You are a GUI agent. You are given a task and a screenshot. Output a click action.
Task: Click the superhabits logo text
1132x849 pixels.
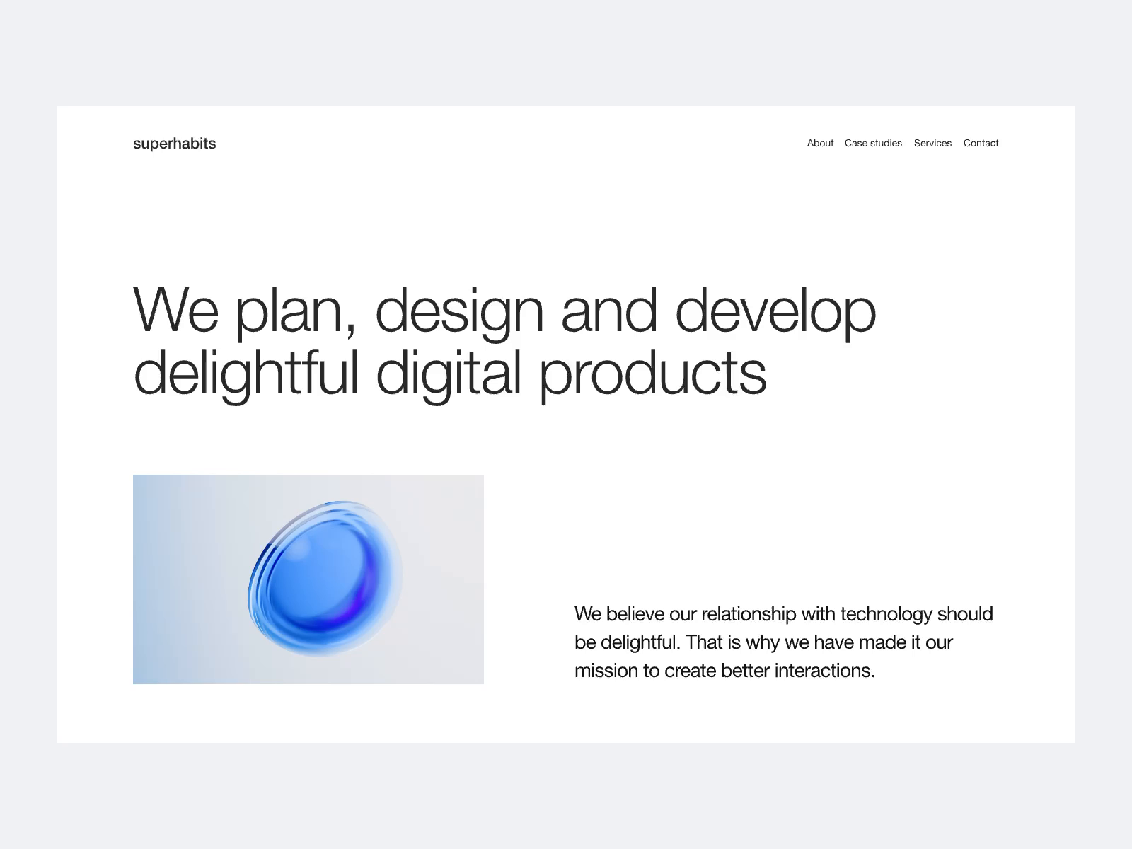(x=174, y=144)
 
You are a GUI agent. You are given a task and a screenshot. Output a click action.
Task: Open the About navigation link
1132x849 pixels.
(x=820, y=143)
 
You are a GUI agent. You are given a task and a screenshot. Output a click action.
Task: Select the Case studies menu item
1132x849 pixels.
(x=873, y=143)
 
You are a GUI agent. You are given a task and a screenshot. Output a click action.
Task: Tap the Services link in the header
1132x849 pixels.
(x=932, y=143)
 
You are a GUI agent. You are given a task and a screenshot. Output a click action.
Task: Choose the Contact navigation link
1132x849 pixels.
(x=981, y=143)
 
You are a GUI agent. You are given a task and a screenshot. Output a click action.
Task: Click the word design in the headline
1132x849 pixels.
(x=458, y=311)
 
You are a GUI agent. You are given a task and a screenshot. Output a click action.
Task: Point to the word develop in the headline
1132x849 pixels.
(x=775, y=311)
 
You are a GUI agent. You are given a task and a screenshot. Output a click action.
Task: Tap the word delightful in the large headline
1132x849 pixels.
(x=246, y=374)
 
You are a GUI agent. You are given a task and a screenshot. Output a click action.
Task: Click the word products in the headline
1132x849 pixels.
(x=652, y=374)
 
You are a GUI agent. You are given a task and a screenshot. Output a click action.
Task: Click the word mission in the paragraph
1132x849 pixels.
(x=606, y=671)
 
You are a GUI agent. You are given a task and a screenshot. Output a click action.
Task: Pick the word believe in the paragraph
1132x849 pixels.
(x=635, y=614)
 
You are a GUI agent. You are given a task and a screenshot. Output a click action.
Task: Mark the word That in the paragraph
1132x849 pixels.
(x=703, y=642)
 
